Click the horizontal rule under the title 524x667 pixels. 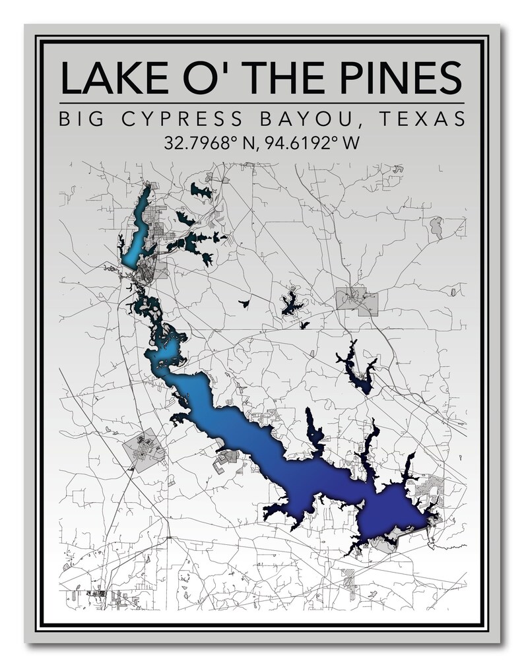(261, 104)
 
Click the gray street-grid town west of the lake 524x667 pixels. (143, 450)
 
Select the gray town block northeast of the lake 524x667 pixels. (357, 302)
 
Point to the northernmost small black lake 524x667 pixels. (201, 191)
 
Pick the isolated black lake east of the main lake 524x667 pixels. (356, 369)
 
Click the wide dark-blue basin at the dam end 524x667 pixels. (389, 511)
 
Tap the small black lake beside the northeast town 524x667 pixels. (290, 303)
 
